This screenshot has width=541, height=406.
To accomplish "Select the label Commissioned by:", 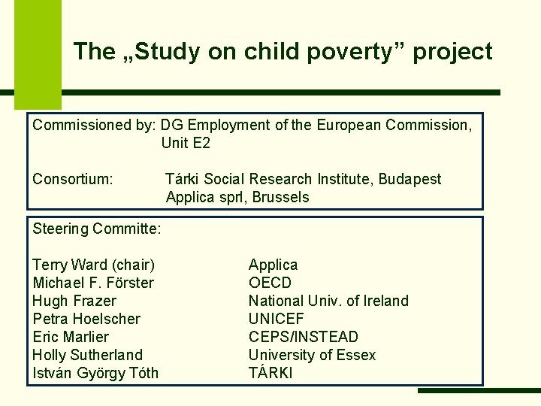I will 95,125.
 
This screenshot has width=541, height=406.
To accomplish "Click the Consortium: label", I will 73,179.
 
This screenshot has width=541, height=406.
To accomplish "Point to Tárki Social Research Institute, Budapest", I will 303,179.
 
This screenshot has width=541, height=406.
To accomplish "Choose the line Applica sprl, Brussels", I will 237,197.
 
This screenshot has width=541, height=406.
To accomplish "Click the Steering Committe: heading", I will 98,228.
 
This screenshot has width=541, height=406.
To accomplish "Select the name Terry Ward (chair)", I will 93,265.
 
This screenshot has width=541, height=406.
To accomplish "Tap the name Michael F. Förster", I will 93,283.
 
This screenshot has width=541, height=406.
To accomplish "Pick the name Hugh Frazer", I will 74,301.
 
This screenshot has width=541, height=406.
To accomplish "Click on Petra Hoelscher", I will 86,319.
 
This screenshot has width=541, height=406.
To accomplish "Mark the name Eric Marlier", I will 71,337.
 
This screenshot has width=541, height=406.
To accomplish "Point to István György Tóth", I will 95,373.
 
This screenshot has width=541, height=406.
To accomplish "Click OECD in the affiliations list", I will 270,283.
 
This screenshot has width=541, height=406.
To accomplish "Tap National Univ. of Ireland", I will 328,301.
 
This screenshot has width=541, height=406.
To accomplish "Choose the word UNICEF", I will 276,319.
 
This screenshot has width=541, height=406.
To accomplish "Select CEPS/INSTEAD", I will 303,337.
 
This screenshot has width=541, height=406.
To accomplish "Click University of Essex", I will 312,355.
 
